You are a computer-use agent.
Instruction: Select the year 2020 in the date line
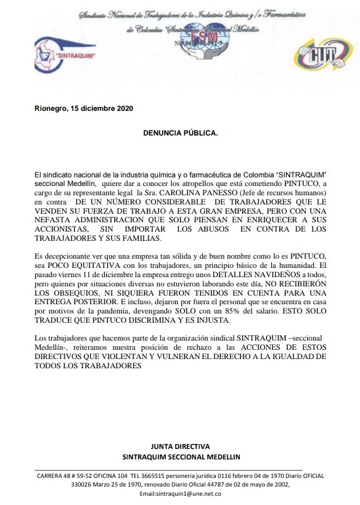[123, 109]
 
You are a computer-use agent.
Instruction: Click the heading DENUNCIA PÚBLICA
[180, 132]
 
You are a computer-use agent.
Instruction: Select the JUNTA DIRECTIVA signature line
[180, 446]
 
